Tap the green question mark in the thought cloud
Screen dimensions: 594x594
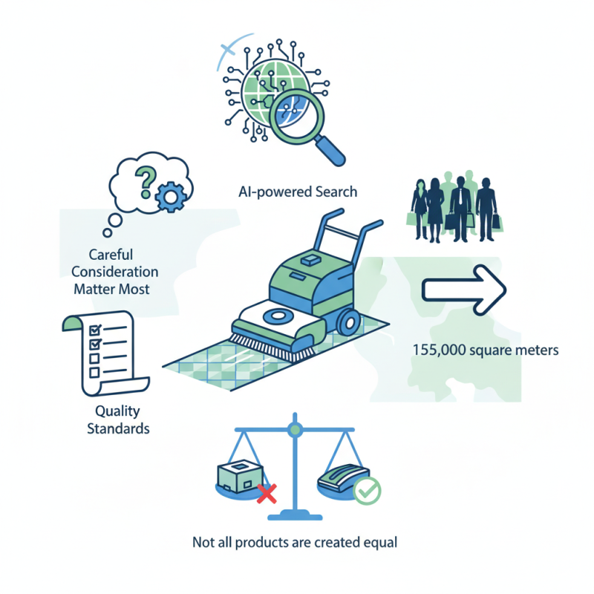(146, 179)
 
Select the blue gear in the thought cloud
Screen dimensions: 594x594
(170, 195)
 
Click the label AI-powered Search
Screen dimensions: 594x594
(297, 192)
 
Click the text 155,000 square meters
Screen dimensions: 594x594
(484, 349)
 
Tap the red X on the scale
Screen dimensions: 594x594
(265, 492)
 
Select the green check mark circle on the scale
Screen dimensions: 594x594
(366, 490)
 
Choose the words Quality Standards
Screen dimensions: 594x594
(117, 420)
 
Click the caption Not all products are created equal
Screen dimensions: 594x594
(295, 542)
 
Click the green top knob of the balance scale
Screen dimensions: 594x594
(296, 428)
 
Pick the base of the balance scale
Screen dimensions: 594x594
(296, 515)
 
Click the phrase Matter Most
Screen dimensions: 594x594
(111, 288)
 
